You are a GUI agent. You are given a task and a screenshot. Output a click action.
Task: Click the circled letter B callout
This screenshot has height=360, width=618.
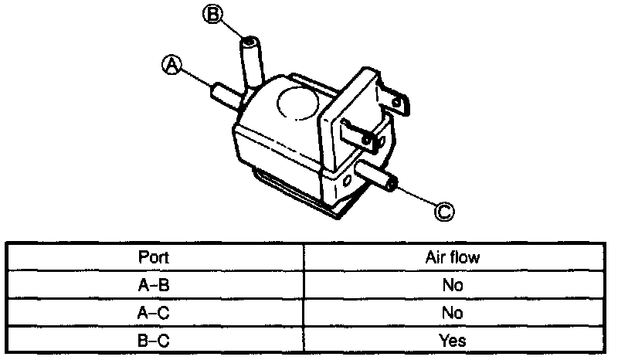point(212,13)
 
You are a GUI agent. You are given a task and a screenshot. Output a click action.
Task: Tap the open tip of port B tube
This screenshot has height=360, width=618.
point(250,42)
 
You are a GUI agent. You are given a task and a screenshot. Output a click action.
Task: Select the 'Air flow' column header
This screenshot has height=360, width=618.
point(453,257)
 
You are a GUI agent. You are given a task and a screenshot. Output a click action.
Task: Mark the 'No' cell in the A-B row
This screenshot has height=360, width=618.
point(453,285)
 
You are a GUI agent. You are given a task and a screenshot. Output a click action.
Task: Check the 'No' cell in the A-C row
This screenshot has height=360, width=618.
point(453,313)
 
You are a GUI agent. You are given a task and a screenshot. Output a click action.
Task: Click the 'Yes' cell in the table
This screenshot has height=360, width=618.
point(453,340)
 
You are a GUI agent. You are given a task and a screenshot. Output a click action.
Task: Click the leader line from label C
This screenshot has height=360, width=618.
point(417,196)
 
